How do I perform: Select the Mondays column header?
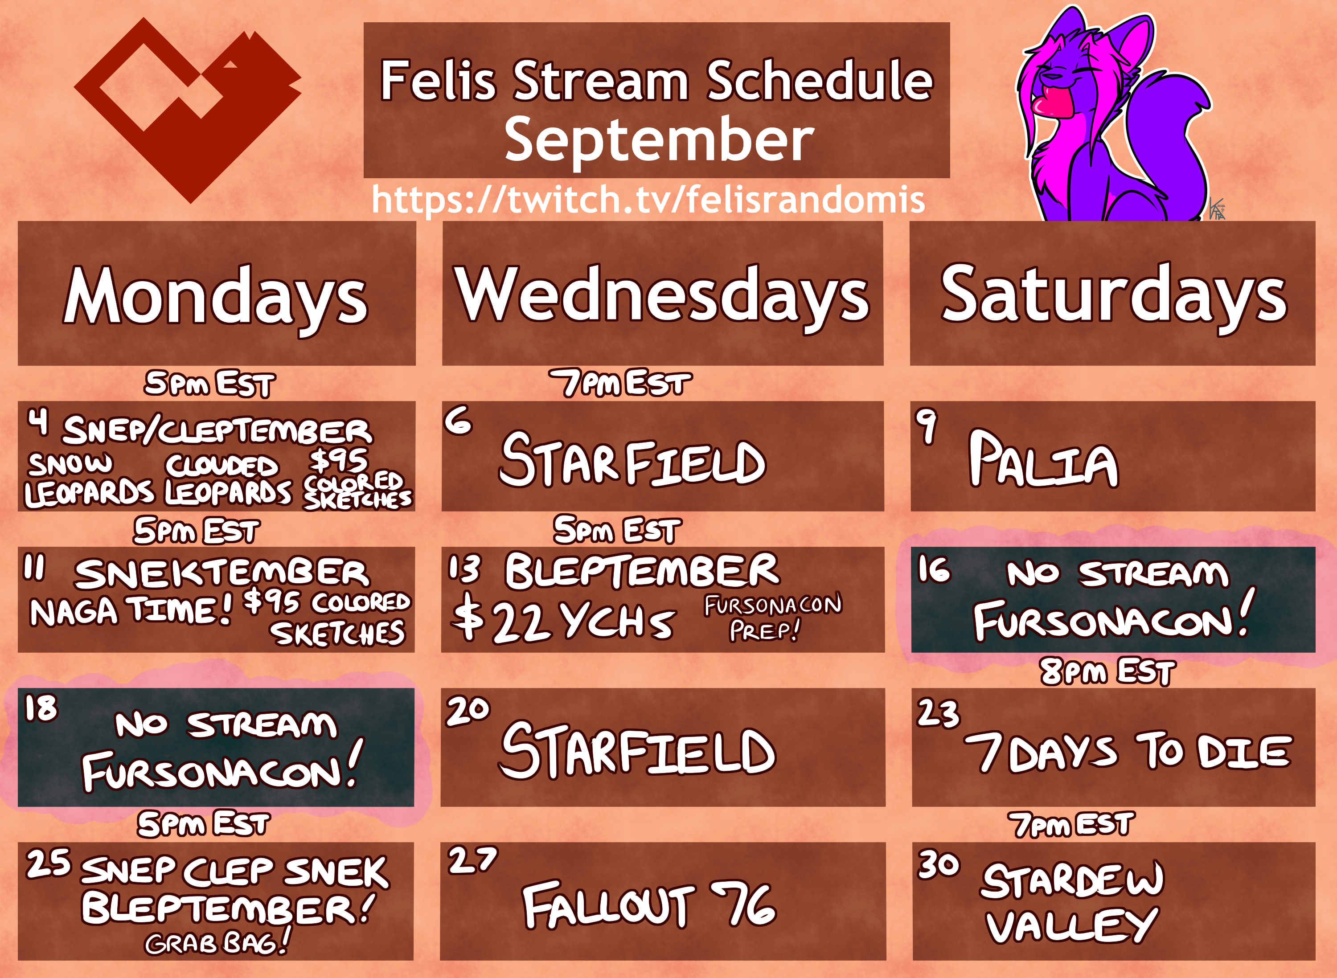216,294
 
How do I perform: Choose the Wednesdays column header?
662,294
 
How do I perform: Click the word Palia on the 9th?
1043,459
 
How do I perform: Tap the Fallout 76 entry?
649,904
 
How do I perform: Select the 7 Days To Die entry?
1128,751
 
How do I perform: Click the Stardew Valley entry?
1072,902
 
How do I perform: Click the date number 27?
472,861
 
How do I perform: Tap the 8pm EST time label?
1107,672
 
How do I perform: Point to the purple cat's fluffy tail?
1173,136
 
